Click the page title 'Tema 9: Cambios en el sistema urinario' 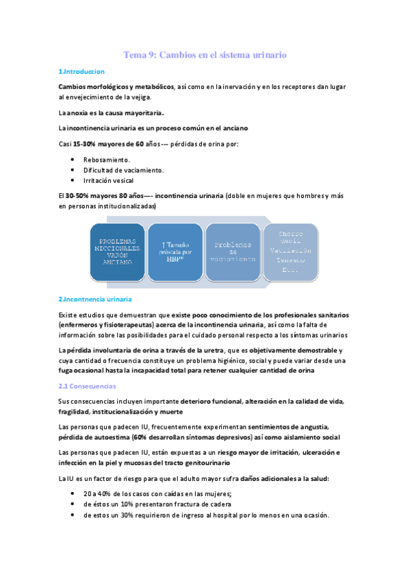click(x=205, y=54)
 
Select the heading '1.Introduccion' click(x=81, y=71)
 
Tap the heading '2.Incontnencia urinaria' click(x=95, y=299)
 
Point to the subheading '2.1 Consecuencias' click(x=87, y=386)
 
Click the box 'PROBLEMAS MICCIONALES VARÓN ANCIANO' click(x=117, y=252)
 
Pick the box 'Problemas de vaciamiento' click(x=233, y=252)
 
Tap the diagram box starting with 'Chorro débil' click(x=290, y=252)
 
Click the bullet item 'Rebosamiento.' click(x=106, y=159)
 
